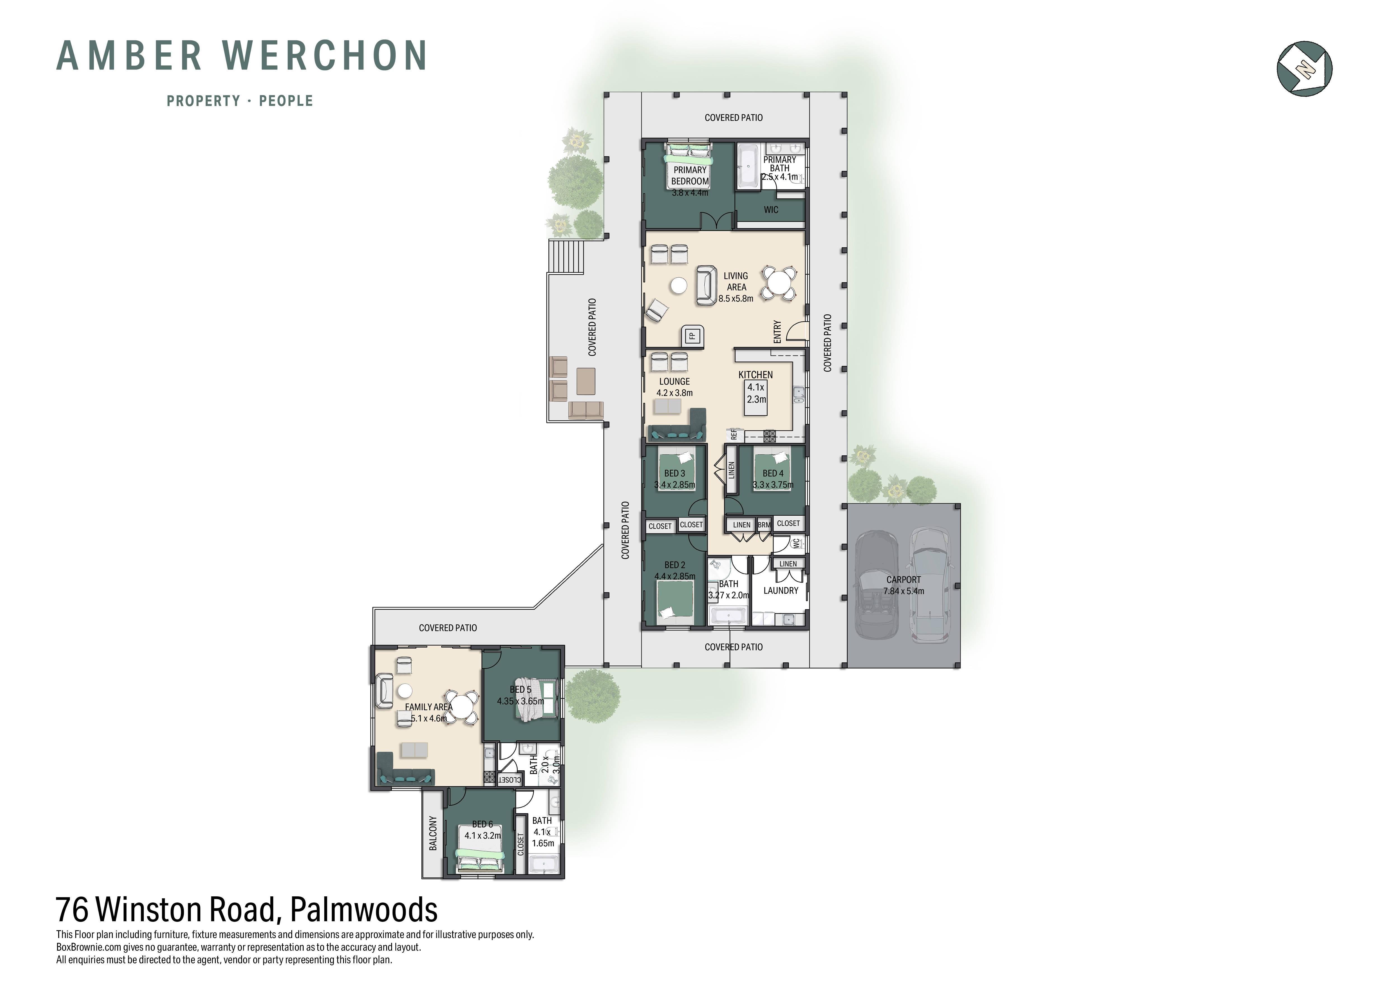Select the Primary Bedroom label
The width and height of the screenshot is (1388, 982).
point(690,175)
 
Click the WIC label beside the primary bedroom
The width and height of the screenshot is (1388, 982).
point(771,210)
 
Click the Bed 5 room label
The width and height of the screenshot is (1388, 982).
point(520,689)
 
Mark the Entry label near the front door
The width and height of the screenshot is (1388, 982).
point(777,332)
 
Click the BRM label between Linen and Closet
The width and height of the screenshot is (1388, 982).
point(764,525)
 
